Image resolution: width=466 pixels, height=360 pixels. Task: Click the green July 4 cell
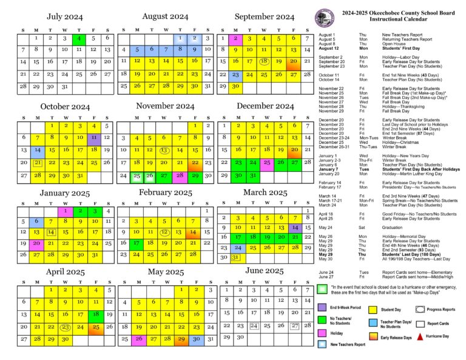pos(78,38)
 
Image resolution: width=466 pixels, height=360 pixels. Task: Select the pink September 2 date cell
pos(235,38)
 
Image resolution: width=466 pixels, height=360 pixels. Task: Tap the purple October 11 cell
pos(93,138)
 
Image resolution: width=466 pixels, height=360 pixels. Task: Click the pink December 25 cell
pos(266,162)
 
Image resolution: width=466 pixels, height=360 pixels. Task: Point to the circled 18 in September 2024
pos(264,61)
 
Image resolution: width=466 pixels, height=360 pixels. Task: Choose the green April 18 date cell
pos(95,314)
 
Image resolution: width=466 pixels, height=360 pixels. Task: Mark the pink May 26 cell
pos(138,339)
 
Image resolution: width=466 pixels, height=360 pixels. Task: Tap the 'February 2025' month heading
pos(165,192)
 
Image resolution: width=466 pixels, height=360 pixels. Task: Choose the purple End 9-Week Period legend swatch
pos(324,308)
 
